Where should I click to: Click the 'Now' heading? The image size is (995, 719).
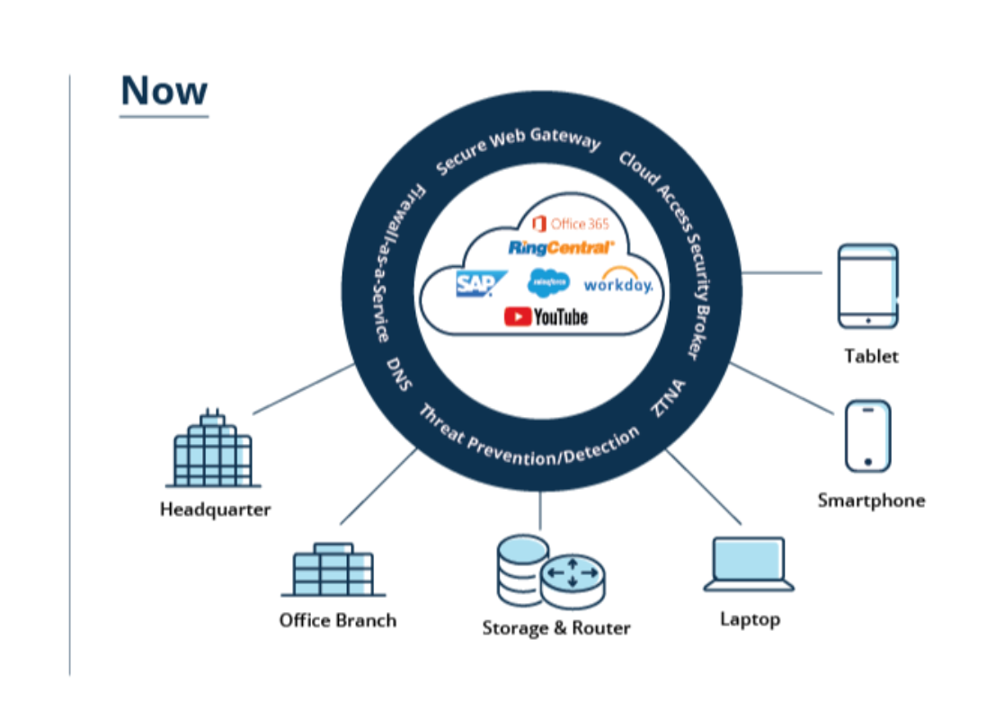pyautogui.click(x=164, y=91)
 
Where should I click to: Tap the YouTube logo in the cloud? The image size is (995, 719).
pyautogui.click(x=546, y=316)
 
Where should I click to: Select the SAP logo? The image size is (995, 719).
pyautogui.click(x=481, y=284)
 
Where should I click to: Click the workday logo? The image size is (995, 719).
pyautogui.click(x=618, y=281)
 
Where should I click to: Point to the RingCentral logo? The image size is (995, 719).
pyautogui.click(x=561, y=247)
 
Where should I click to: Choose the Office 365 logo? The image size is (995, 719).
pyautogui.click(x=571, y=224)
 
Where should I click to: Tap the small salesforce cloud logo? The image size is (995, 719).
pyautogui.click(x=548, y=282)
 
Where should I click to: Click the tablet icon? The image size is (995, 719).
pyautogui.click(x=867, y=286)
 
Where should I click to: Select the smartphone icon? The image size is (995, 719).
pyautogui.click(x=867, y=436)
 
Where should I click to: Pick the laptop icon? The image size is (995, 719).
pyautogui.click(x=749, y=564)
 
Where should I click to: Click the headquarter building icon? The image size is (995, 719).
pyautogui.click(x=213, y=448)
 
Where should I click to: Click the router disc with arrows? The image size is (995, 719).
pyautogui.click(x=573, y=580)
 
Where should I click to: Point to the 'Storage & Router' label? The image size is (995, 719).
pyautogui.click(x=555, y=628)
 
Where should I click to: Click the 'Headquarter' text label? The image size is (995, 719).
pyautogui.click(x=215, y=510)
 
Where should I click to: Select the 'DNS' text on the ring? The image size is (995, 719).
pyautogui.click(x=399, y=374)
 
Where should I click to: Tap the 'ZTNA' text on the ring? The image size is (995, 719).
pyautogui.click(x=669, y=398)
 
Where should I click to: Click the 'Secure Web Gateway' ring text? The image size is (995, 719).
pyautogui.click(x=517, y=150)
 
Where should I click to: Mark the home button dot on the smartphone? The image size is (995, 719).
pyautogui.click(x=867, y=461)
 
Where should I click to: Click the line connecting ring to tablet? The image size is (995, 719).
pyautogui.click(x=781, y=273)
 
